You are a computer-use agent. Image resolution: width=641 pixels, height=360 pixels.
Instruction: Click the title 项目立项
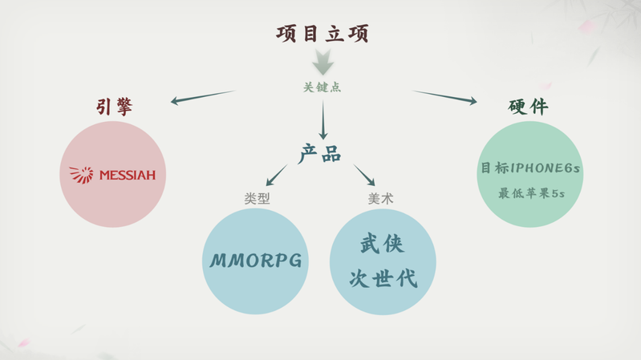pos(322,34)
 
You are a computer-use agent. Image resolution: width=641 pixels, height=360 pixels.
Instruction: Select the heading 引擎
pos(116,107)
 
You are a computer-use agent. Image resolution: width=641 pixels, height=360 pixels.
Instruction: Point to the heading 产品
pos(320,153)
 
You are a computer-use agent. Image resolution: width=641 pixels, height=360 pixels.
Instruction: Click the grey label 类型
pos(257,198)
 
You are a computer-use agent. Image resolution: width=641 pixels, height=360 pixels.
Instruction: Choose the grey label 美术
pos(380,198)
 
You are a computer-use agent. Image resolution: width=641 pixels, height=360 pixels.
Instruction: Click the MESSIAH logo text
pos(127,175)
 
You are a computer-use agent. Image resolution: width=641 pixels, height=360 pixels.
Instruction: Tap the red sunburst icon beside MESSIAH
pos(82,174)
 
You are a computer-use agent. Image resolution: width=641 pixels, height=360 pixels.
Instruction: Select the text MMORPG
pos(256,261)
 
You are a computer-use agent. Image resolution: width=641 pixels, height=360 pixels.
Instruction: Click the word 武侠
pos(382,244)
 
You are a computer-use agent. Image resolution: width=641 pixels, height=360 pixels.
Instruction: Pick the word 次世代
pos(382,278)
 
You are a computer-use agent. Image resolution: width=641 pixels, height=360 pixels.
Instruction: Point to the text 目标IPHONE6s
pos(529,168)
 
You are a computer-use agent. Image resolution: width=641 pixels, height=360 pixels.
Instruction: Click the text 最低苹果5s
pos(531,192)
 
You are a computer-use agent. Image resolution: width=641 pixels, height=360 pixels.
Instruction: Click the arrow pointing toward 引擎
pos(201,97)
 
